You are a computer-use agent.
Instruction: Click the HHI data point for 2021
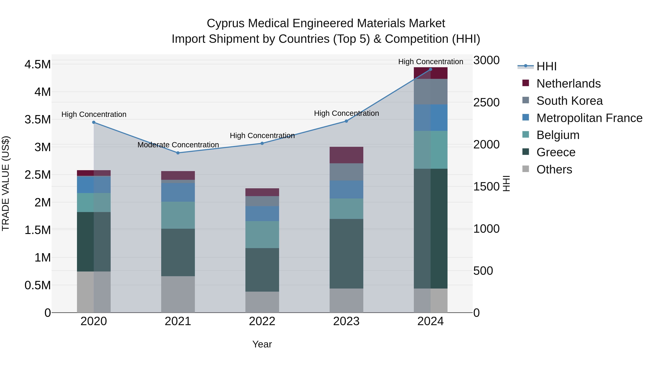click(x=178, y=153)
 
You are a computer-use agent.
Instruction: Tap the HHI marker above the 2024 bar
click(x=431, y=69)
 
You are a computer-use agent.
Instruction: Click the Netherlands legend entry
click(x=568, y=84)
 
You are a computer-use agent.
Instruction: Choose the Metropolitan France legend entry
click(x=589, y=118)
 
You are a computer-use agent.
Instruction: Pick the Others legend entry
click(x=554, y=169)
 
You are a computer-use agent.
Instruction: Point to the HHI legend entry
click(x=546, y=66)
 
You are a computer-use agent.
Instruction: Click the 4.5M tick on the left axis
click(x=38, y=64)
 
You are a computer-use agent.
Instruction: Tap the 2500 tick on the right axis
click(x=486, y=103)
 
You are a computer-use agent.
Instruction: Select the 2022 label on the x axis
click(x=262, y=321)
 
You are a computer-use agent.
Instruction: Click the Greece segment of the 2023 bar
click(x=346, y=253)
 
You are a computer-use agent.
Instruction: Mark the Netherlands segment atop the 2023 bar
click(x=346, y=155)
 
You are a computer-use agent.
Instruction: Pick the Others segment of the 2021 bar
click(x=178, y=294)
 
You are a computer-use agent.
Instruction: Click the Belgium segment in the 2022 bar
click(x=262, y=235)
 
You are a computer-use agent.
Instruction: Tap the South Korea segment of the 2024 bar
click(x=431, y=92)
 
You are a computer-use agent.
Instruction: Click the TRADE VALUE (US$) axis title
click(x=6, y=183)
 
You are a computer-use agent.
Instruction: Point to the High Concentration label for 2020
click(x=94, y=115)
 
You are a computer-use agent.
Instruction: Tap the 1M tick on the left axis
click(x=43, y=258)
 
